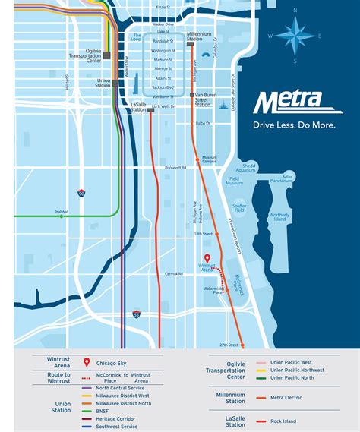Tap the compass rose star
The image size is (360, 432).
coord(295,33)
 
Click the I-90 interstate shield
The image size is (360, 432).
coord(81,193)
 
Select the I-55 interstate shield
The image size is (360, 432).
coord(136,313)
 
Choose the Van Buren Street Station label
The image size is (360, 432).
coord(203,99)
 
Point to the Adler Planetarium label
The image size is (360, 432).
coord(282,179)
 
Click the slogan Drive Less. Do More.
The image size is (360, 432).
coord(294,125)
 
